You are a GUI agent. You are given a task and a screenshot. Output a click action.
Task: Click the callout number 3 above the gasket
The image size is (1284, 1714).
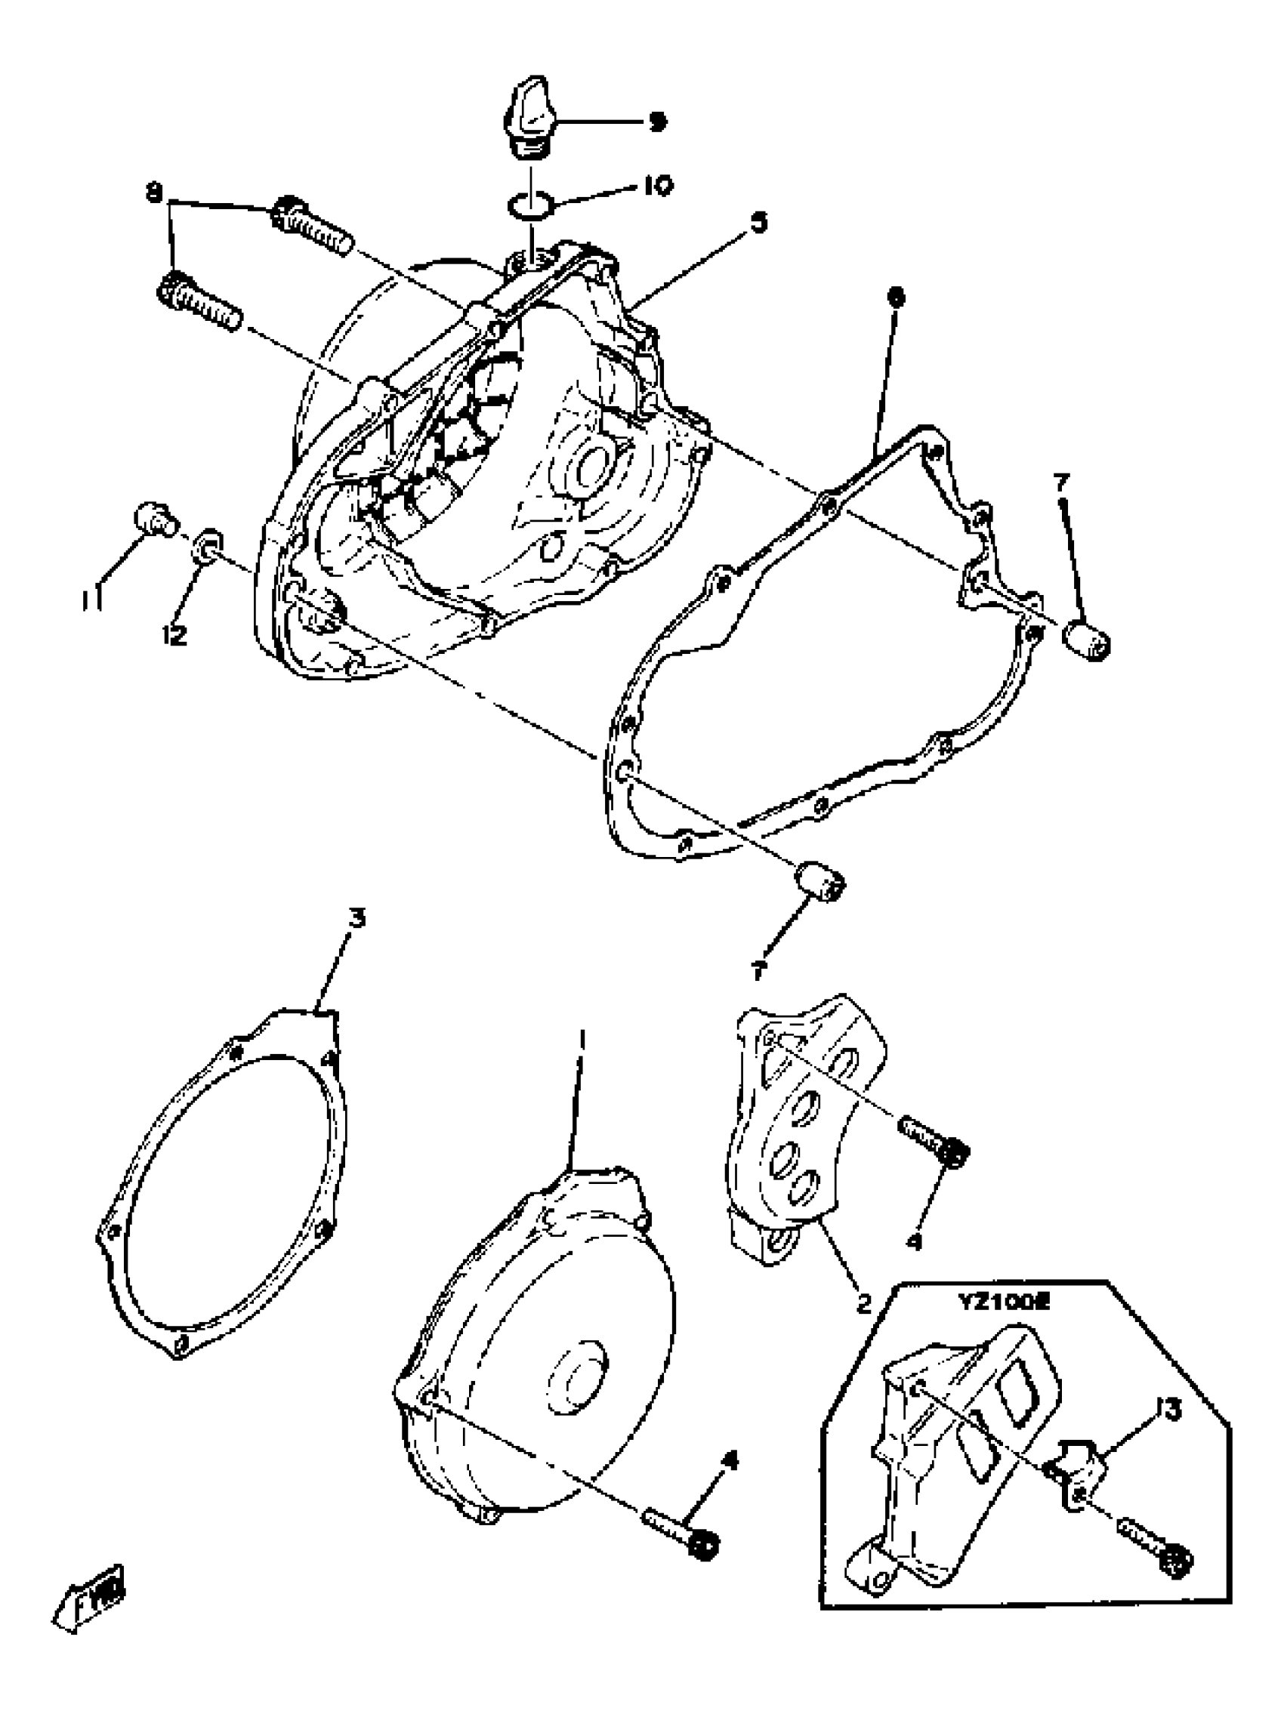(x=356, y=920)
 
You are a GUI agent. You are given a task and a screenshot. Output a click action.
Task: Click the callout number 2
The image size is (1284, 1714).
(x=863, y=1303)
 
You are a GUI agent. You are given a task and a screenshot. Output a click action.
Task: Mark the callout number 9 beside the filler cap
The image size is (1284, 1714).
(x=657, y=122)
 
